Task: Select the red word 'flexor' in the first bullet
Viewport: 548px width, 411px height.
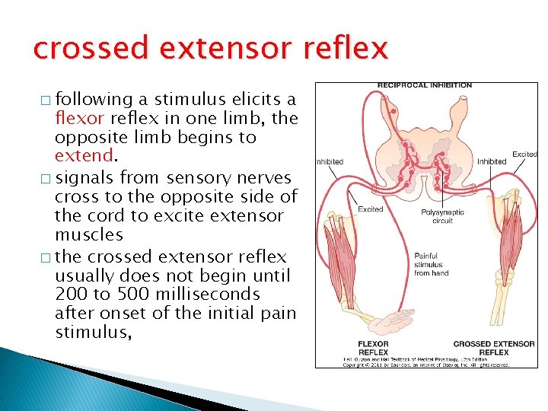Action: [80, 119]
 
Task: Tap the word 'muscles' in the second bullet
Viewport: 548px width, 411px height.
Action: [84, 234]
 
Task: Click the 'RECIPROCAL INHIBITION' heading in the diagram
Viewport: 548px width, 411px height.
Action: [425, 85]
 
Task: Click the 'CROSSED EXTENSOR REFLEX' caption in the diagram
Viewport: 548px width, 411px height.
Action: [494, 348]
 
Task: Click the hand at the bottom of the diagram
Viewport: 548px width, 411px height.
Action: [403, 320]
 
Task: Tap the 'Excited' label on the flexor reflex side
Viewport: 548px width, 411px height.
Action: [370, 209]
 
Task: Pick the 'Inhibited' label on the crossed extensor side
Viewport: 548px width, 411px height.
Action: [491, 161]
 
